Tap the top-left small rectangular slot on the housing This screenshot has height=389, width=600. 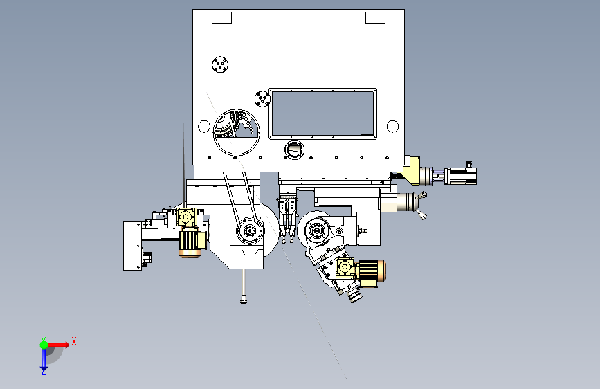(x=221, y=18)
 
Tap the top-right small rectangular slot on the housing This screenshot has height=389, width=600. (x=374, y=18)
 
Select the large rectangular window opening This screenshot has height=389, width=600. (x=322, y=113)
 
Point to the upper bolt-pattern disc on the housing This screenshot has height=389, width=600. (x=221, y=65)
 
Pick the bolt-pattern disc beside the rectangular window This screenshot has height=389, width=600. (x=261, y=99)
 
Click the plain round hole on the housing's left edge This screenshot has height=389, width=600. (x=203, y=126)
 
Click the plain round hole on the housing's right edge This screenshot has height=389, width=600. (x=392, y=126)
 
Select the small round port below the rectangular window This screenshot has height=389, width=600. (x=295, y=149)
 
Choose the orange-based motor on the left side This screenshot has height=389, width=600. (x=192, y=242)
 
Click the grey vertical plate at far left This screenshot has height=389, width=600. (x=132, y=245)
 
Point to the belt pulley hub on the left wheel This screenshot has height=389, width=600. (x=248, y=231)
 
